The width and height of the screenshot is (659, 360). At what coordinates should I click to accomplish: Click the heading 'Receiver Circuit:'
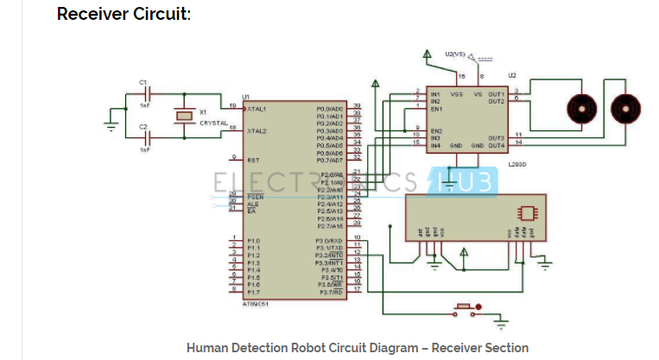click(x=124, y=15)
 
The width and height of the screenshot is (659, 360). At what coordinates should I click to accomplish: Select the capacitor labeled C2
click(x=149, y=135)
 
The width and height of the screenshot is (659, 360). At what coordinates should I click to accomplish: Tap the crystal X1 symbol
click(x=182, y=115)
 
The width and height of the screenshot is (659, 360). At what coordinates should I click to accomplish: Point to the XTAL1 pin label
click(x=257, y=110)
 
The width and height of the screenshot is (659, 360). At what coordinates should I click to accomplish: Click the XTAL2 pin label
click(x=257, y=131)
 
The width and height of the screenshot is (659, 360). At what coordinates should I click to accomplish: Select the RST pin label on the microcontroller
click(x=253, y=160)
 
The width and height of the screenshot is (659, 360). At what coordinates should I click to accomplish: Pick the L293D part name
click(x=516, y=162)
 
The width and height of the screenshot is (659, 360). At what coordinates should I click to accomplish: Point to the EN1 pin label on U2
click(x=436, y=109)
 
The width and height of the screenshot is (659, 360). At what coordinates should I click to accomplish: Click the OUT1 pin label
click(x=495, y=93)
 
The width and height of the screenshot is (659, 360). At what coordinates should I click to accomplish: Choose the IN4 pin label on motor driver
click(x=435, y=145)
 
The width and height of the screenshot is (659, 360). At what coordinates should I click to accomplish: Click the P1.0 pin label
click(x=253, y=241)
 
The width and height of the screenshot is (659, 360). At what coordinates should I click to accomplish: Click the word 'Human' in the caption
click(x=208, y=348)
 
